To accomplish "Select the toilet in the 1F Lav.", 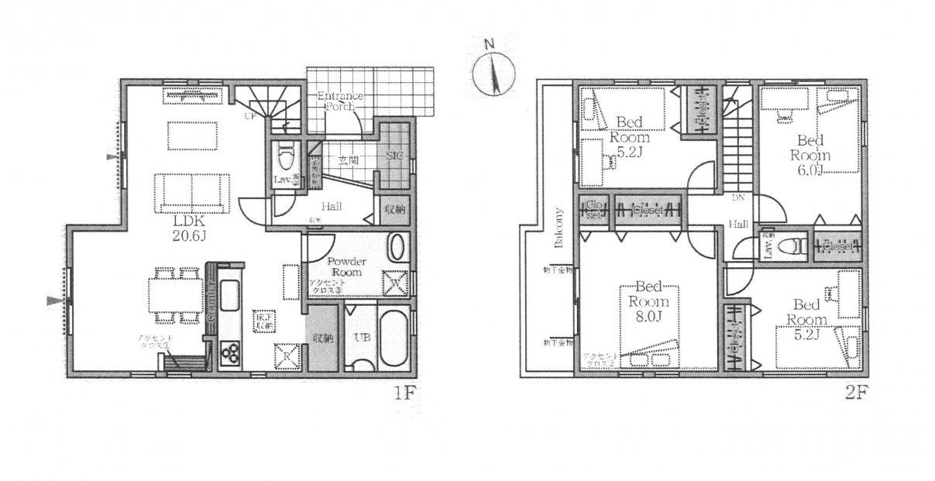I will coord(284,160).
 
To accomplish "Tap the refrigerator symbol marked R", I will coord(284,356).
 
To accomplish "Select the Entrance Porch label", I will coord(336,101).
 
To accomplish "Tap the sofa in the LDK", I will coord(192,192).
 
